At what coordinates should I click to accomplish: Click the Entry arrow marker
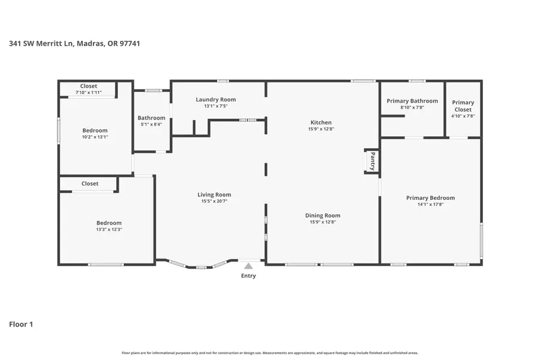coord(248,266)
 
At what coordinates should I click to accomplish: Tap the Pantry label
coord(373,161)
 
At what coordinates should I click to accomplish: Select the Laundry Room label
coord(215,100)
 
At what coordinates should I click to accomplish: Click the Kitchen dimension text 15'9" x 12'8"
coord(320,129)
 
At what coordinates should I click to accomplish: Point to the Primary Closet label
coord(463,106)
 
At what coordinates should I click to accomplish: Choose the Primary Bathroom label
coord(412,101)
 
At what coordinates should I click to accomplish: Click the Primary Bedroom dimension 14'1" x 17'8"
coord(430,205)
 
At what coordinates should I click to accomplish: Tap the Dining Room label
coord(323,215)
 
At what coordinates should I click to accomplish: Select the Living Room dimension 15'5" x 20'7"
coord(214,202)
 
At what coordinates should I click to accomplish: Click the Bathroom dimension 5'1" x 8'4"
coord(151,125)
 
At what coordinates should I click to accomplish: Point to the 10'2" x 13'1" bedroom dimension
coord(95,137)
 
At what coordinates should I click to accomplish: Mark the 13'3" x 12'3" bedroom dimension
coord(109,229)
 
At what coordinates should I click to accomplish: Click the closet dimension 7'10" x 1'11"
coord(88,92)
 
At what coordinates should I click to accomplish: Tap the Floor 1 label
coord(21,325)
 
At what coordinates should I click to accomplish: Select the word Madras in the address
coord(89,44)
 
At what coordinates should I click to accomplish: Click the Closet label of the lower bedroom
coord(90,184)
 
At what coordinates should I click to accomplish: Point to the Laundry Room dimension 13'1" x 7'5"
coord(215,106)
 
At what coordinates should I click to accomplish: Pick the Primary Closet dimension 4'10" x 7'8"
coord(463,116)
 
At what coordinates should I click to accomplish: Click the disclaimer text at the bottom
coord(270,353)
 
